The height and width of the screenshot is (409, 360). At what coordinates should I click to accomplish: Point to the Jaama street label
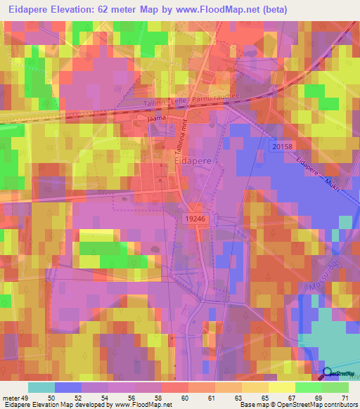[x=156, y=120]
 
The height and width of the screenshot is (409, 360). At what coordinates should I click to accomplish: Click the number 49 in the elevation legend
[x=23, y=397]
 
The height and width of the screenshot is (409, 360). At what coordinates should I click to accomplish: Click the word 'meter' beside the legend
[x=9, y=397]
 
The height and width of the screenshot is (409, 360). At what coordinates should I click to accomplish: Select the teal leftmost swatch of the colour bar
[x=41, y=387]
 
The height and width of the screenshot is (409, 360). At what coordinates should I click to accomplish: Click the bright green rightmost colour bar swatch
[x=335, y=387]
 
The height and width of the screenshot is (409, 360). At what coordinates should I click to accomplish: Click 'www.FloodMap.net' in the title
[x=221, y=9]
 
